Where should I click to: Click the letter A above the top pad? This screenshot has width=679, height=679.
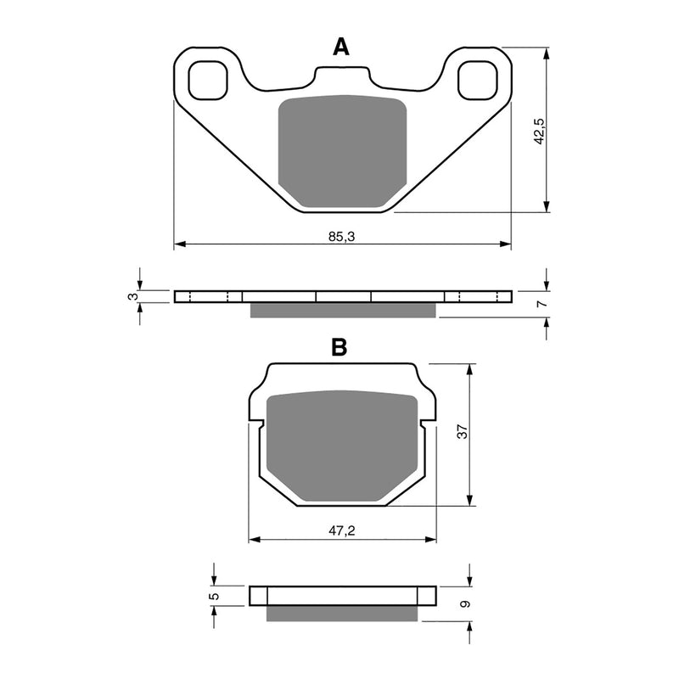tap(340, 48)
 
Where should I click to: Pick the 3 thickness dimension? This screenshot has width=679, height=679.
tap(131, 296)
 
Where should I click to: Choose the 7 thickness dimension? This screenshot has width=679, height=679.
tap(540, 303)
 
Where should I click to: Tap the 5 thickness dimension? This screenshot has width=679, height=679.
tap(215, 596)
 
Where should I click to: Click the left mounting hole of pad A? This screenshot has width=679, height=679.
tap(209, 81)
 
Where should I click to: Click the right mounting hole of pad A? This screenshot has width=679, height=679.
tap(476, 81)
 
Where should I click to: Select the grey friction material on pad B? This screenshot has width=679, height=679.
tap(341, 446)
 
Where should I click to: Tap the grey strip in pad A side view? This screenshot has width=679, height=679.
tap(343, 311)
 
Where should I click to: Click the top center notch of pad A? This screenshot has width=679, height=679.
tap(342, 73)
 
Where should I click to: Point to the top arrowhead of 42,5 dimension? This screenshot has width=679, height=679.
tap(547, 51)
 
